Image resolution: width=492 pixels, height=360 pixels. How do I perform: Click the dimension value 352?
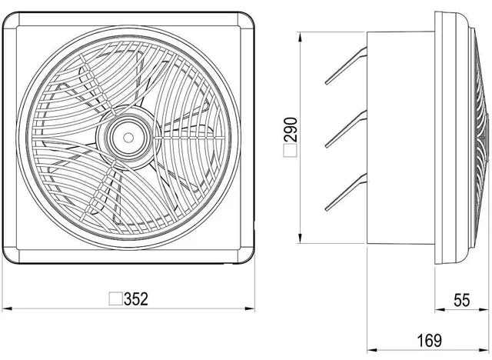click(x=136, y=298)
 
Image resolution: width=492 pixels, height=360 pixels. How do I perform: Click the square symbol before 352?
click(x=116, y=298)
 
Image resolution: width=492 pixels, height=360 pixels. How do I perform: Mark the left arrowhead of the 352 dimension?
click(x=6, y=309)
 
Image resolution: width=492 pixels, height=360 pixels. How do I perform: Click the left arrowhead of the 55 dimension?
click(x=437, y=309)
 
